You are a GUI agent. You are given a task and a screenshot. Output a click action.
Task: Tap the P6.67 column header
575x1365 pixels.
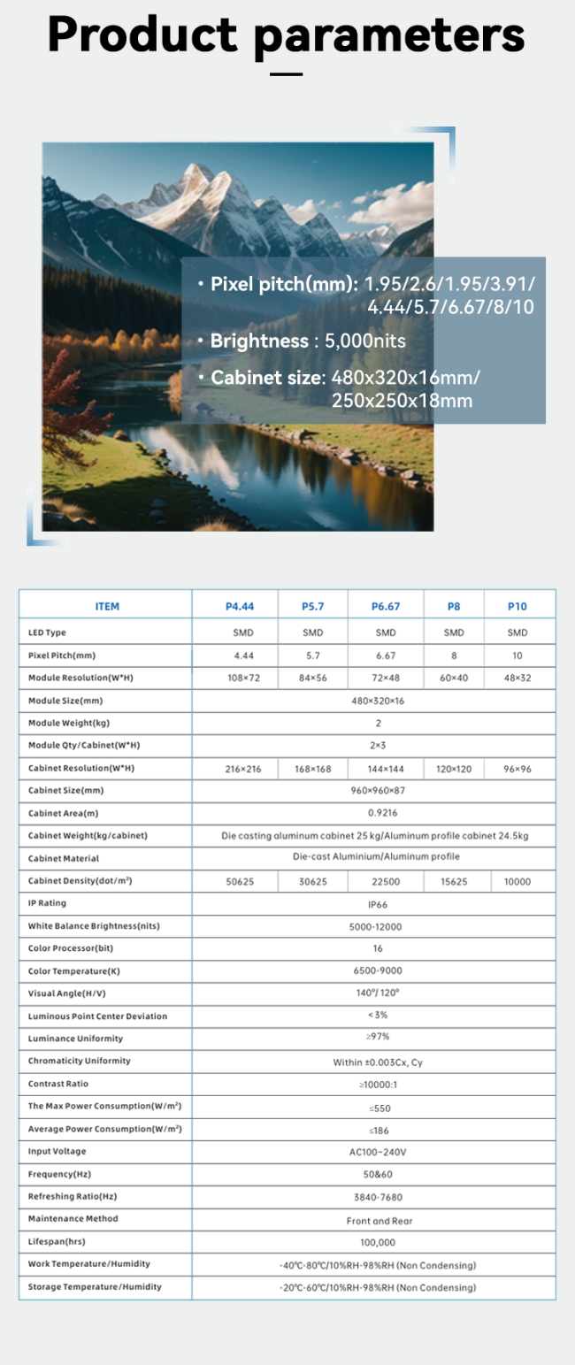click(386, 606)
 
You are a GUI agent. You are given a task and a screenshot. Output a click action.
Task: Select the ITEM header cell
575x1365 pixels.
click(106, 606)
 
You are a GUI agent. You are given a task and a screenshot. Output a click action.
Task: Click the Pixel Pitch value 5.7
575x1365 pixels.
click(313, 656)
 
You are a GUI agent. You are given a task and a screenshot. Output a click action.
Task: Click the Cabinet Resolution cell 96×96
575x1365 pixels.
click(517, 769)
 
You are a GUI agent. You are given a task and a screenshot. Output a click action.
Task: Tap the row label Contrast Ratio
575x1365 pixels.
click(58, 1084)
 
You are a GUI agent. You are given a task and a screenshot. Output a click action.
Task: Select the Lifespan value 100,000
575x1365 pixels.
click(378, 1242)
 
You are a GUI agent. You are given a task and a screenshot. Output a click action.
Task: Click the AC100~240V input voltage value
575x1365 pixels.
click(378, 1152)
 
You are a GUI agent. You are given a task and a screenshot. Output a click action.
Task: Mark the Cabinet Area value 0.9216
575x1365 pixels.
click(378, 813)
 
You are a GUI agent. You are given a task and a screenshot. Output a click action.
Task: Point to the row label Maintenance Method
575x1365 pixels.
click(73, 1219)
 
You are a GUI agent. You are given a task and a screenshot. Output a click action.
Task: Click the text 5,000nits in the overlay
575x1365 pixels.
click(366, 341)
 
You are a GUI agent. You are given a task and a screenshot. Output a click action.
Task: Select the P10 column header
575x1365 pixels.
click(517, 606)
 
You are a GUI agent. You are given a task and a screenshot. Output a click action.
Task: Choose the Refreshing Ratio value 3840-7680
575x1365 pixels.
click(378, 1197)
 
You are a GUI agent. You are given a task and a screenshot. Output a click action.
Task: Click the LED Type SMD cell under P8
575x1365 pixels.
click(454, 633)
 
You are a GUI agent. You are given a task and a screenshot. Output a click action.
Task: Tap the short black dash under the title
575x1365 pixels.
click(286, 74)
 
